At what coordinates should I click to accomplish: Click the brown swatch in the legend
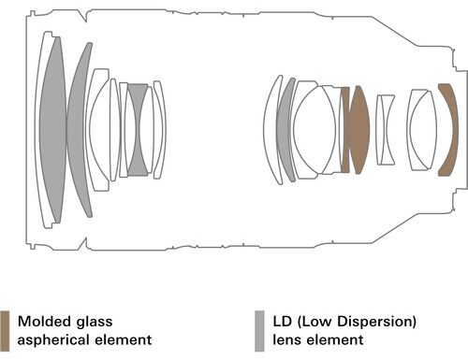click(5, 331)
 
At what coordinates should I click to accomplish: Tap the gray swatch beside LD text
click(259, 331)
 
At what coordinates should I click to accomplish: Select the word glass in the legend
click(95, 323)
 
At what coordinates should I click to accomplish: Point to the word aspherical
click(53, 340)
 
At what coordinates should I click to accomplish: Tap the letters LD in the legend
click(282, 322)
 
